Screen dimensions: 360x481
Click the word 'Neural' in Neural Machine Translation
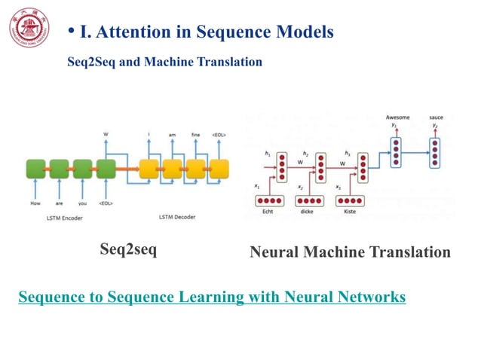[x=277, y=252]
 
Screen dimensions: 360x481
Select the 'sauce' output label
[x=436, y=118]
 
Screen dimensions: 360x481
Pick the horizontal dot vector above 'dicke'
[x=310, y=200]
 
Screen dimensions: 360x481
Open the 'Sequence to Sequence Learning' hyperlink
[x=212, y=297]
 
